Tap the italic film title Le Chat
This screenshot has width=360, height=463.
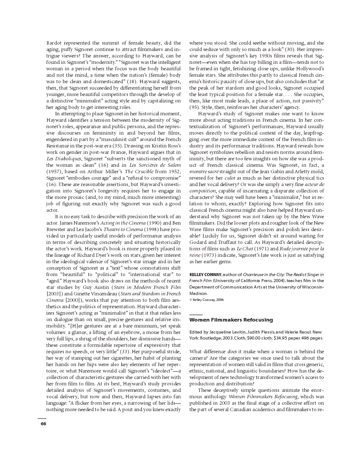tap(233, 249)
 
